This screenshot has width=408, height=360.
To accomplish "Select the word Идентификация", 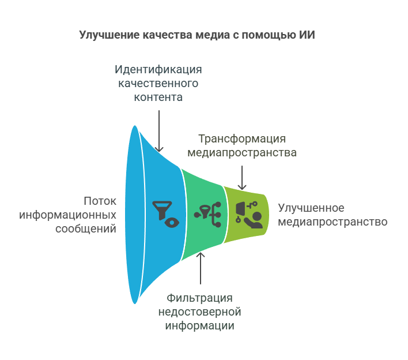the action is pos(158,70).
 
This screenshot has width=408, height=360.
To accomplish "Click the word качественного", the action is pos(158,84).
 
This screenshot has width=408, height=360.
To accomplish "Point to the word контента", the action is pos(158,97).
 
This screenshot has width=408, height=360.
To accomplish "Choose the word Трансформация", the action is pos(242,139).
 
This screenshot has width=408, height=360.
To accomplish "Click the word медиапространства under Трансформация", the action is pos(242,153).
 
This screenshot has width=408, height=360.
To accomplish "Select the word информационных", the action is pos(68,215).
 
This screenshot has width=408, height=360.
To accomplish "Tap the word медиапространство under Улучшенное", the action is pos(333,222).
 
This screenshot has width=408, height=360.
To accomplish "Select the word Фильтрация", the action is pos(199,298).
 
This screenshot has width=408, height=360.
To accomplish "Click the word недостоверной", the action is pos(199,312).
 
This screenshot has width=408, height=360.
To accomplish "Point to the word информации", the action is pos(199,326).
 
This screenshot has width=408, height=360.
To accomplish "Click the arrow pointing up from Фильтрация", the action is pos(201,268).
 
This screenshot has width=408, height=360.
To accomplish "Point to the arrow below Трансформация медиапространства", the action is pos(242,177).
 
